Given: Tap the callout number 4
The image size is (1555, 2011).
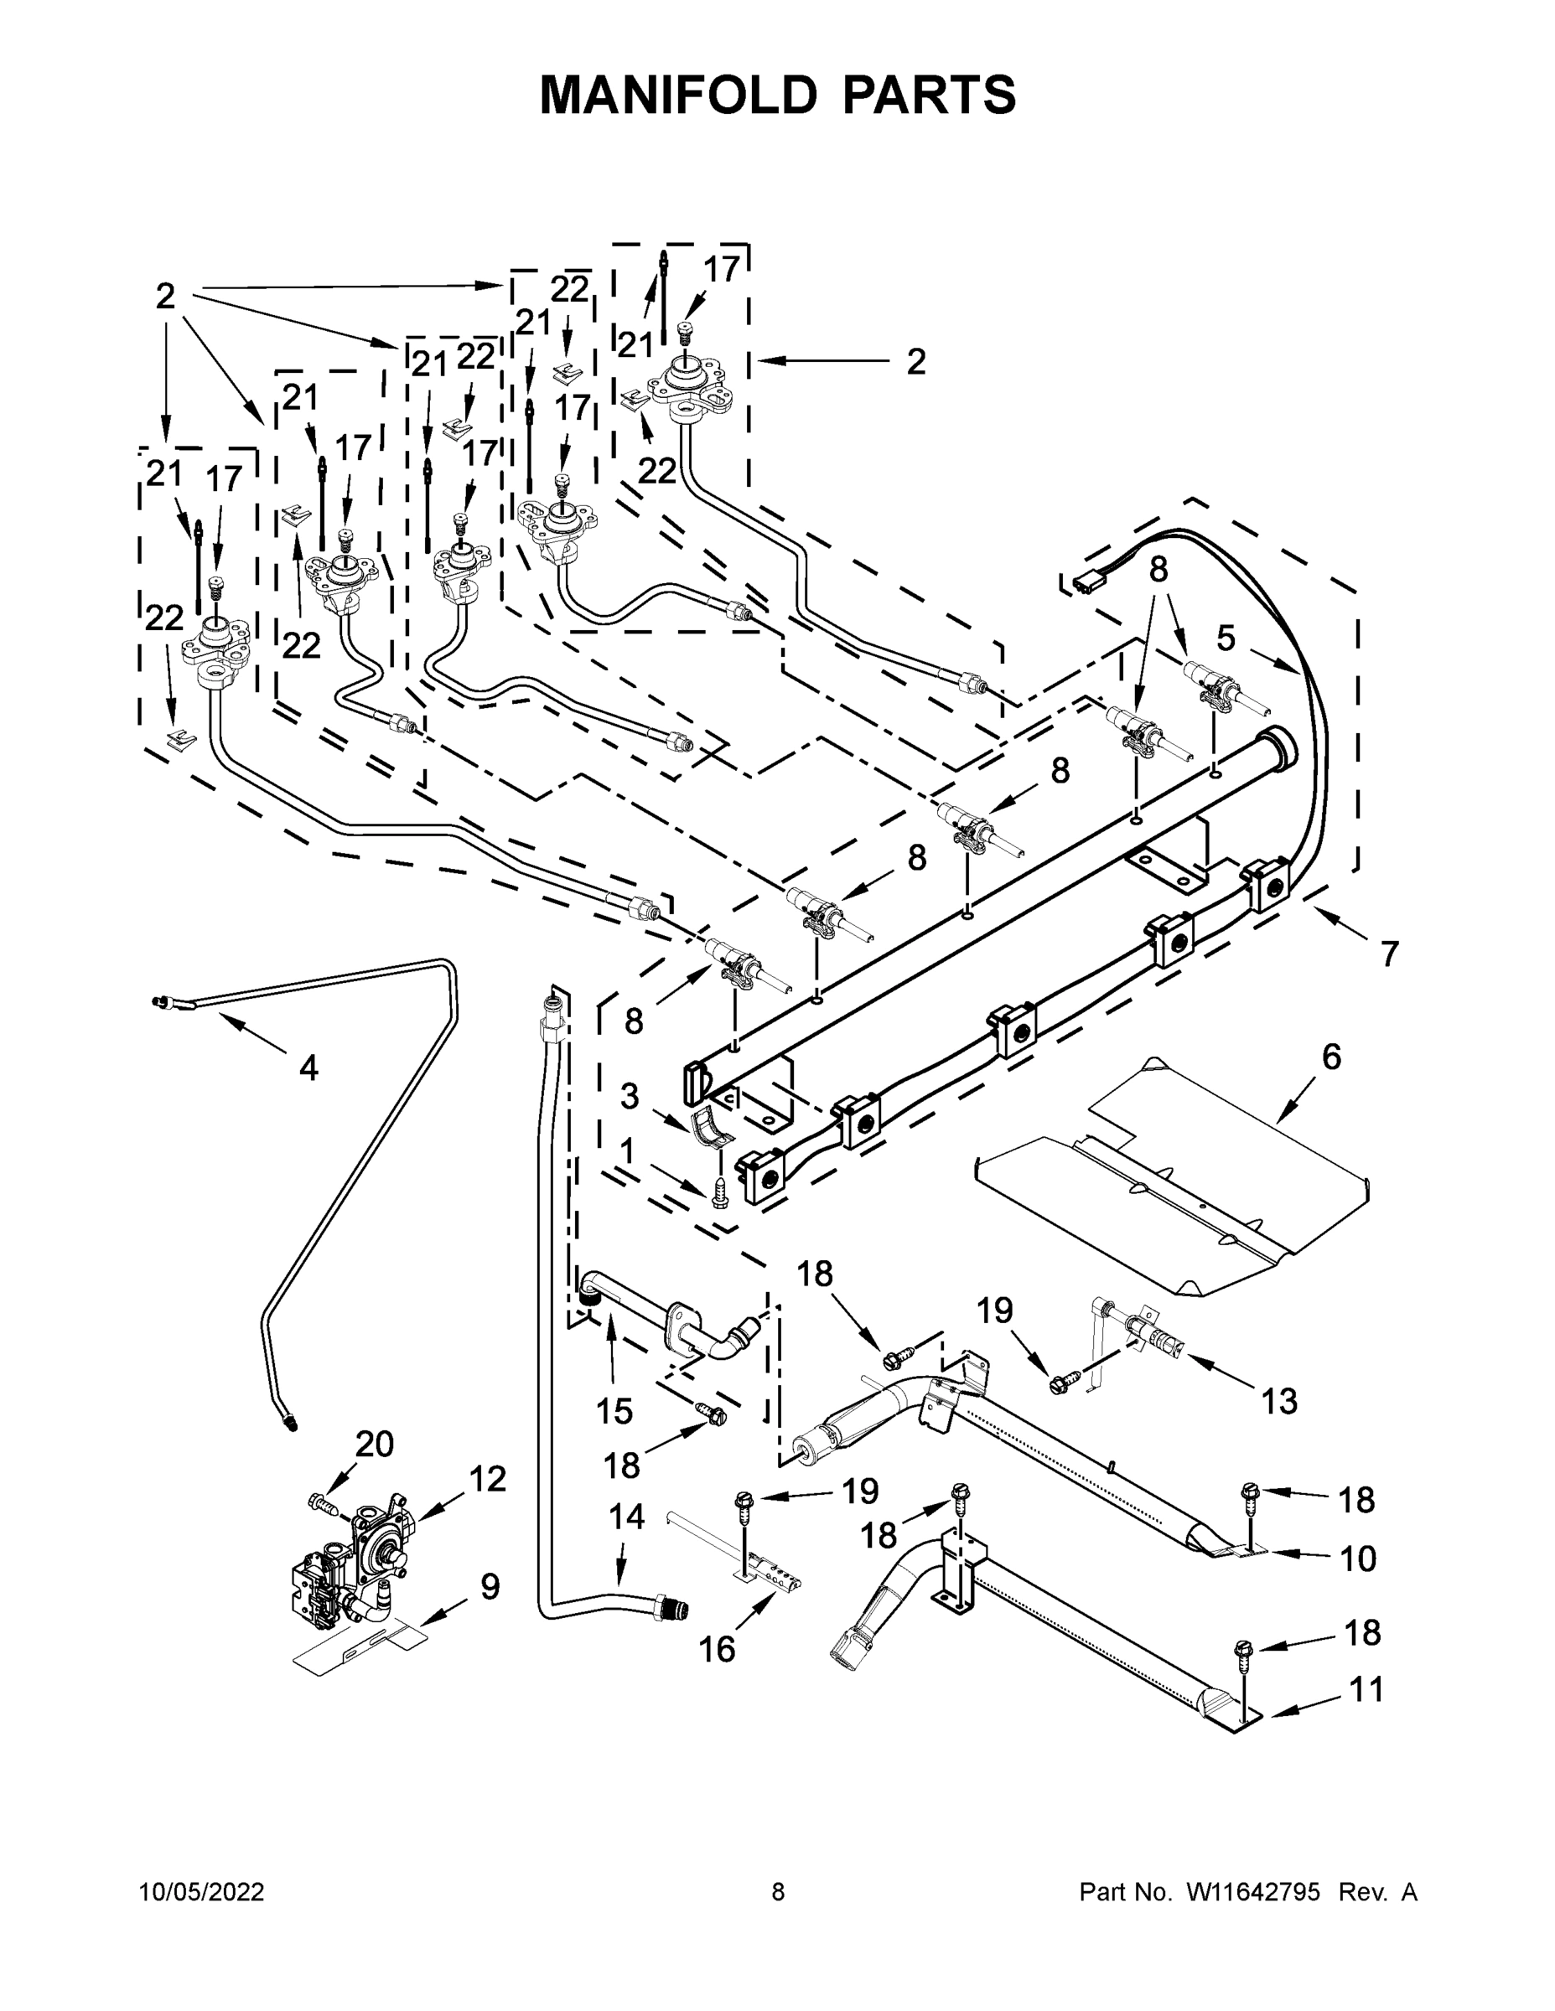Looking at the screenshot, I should point(308,1068).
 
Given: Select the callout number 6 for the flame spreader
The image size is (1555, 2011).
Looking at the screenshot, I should point(1331,1057).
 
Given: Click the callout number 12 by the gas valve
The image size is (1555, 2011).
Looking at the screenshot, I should point(487,1479).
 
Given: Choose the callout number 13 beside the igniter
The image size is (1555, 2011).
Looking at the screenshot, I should point(1278,1402).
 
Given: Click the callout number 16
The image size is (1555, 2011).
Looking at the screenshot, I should point(717,1650).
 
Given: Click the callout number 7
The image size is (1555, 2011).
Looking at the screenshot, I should point(1389,954).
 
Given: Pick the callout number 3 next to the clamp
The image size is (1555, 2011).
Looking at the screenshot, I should point(630,1097).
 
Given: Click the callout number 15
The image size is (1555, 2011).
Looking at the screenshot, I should point(614,1412).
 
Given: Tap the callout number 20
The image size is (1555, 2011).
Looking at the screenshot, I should point(374,1444).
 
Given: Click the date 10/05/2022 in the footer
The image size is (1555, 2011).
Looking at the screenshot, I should point(202,1892).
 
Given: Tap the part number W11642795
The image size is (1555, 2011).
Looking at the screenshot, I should point(1253,1892).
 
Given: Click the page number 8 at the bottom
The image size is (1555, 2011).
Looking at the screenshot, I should point(778,1892).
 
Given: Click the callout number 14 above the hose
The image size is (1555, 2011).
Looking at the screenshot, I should point(626,1517).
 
